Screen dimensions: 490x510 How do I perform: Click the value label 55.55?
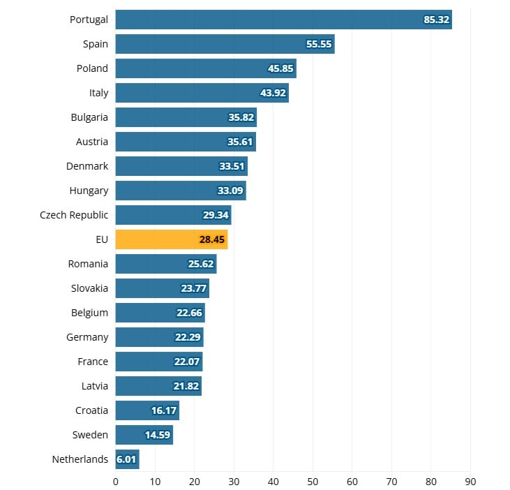[x=319, y=44]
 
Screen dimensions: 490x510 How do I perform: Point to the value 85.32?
[x=436, y=20]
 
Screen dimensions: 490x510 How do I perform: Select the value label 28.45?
[x=212, y=239]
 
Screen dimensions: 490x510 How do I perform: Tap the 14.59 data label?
[x=158, y=435]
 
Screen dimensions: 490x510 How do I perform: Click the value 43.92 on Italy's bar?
[x=273, y=93]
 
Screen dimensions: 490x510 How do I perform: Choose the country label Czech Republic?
[x=74, y=215]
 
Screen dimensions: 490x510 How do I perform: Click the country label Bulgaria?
[x=89, y=117]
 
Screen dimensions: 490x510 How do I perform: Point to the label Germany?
[x=87, y=337]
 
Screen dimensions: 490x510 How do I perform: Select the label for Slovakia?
[x=89, y=288]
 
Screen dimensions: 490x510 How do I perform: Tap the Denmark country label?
[x=87, y=166]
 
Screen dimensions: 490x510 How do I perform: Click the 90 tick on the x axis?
[x=470, y=481]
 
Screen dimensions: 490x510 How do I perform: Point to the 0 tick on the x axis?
[x=115, y=481]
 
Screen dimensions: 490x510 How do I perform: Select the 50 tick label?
[x=313, y=481]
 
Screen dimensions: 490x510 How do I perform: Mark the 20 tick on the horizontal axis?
[x=194, y=481]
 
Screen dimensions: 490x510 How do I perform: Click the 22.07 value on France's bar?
[x=187, y=362]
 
